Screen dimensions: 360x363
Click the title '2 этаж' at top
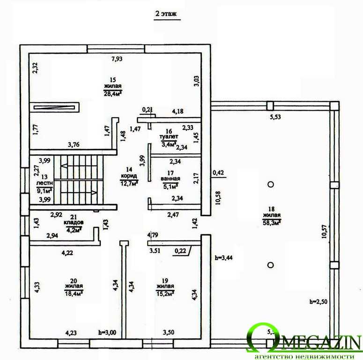[x=166, y=15]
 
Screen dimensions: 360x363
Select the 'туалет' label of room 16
[x=169, y=137]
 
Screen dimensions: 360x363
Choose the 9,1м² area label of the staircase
[x=44, y=191]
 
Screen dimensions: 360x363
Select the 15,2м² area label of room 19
[x=165, y=293]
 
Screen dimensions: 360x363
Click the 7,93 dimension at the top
[x=117, y=59]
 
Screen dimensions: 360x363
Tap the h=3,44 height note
[x=223, y=257]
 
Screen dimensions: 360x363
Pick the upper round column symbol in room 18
[x=270, y=184]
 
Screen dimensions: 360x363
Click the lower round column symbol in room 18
[x=270, y=265]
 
